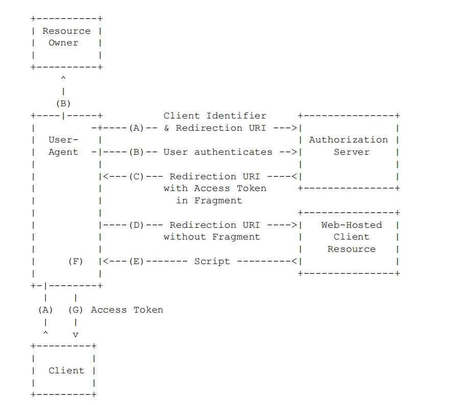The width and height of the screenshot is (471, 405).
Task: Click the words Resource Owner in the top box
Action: [x=66, y=37]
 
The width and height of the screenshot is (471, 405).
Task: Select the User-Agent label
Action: [x=63, y=146]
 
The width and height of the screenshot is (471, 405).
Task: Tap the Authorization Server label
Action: [x=349, y=146]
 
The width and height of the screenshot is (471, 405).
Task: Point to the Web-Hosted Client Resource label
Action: [x=352, y=237]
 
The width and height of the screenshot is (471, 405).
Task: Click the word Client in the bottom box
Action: [x=66, y=370]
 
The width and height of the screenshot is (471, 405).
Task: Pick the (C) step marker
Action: [x=136, y=176]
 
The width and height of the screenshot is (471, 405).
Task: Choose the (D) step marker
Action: [x=136, y=225]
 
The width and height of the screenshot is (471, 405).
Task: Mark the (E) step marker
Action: [x=136, y=261]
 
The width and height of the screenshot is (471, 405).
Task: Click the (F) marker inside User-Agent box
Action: [x=76, y=261]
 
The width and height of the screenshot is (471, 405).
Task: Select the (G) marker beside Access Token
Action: [x=76, y=309]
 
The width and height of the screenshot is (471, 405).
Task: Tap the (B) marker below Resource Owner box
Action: [x=63, y=104]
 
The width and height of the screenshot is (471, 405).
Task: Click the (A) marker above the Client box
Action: [x=45, y=309]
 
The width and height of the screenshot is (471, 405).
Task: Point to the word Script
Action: [x=212, y=261]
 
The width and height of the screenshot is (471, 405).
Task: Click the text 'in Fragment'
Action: [x=209, y=200]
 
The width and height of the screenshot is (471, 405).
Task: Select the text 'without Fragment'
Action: [x=212, y=237]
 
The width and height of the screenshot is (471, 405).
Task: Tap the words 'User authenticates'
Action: [x=218, y=152]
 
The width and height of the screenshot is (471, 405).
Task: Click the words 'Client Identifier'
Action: [x=215, y=115]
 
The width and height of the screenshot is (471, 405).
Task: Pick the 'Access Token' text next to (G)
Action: [x=127, y=309]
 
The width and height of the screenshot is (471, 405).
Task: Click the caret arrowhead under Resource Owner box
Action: [x=63, y=78]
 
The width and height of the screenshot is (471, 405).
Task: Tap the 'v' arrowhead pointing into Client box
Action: [x=76, y=335]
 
